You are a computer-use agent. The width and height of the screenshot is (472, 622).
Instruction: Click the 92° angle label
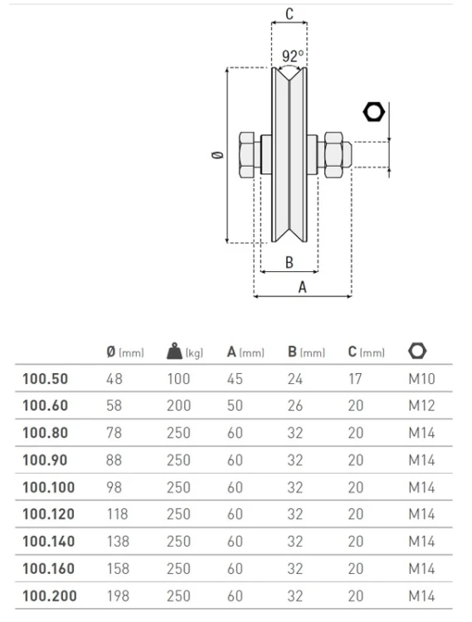click(293, 56)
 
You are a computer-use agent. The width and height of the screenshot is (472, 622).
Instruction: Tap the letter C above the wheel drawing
click(290, 14)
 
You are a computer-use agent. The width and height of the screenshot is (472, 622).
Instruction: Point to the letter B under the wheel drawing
click(290, 262)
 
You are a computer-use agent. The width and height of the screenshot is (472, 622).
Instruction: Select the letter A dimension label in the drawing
click(302, 287)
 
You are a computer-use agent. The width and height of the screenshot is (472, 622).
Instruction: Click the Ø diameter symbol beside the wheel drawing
click(217, 155)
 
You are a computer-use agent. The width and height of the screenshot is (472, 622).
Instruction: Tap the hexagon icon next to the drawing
click(373, 112)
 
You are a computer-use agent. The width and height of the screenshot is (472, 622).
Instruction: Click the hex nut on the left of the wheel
click(247, 155)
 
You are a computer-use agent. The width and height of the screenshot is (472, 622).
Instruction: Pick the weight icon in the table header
click(174, 351)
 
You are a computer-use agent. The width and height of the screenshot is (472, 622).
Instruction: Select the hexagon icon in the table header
click(417, 351)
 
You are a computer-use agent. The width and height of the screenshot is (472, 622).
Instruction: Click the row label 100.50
click(46, 379)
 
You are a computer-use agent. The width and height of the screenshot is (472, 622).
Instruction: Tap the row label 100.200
click(50, 595)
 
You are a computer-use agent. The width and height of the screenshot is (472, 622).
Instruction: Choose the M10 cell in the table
click(421, 379)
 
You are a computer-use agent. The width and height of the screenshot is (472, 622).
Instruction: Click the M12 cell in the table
click(421, 406)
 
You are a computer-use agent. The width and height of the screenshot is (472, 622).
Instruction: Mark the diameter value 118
click(118, 514)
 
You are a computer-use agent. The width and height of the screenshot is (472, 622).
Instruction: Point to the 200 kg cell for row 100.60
click(178, 406)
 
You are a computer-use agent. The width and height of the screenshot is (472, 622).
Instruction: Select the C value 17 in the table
click(355, 379)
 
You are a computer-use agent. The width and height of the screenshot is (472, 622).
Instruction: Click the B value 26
click(295, 406)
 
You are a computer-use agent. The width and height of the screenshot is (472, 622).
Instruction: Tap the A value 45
click(235, 379)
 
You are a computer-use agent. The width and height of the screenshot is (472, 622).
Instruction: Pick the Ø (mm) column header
click(125, 352)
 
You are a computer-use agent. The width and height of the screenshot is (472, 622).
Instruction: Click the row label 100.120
click(48, 514)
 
